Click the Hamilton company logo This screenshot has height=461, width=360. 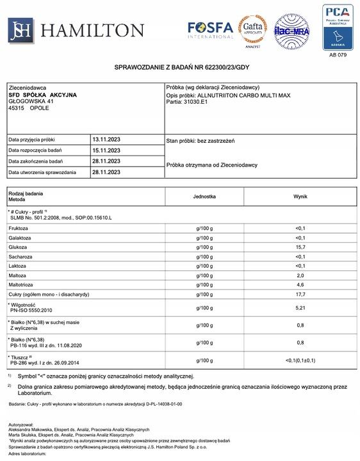tap(76, 29)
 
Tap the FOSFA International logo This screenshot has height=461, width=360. tap(211, 29)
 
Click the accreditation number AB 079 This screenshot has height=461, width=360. tap(337, 55)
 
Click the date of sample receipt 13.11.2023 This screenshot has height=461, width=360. tap(106, 139)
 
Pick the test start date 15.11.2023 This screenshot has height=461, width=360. tap(106, 150)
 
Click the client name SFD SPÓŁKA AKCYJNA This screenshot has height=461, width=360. tap(42, 95)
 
